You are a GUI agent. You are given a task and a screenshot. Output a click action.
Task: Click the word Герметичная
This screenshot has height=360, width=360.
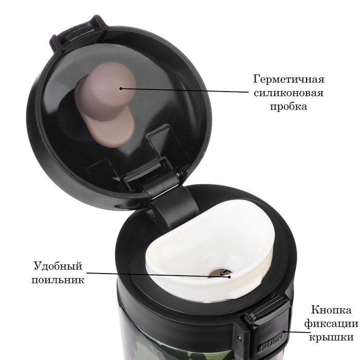coord(289,80)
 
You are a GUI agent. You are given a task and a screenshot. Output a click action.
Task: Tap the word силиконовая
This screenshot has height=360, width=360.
coord(289,94)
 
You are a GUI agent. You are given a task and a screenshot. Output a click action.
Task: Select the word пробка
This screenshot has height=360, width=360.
coord(289,107)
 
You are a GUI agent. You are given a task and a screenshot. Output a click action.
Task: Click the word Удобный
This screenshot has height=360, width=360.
coord(58,266)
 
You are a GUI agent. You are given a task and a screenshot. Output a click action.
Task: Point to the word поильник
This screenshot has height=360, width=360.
coord(58,280)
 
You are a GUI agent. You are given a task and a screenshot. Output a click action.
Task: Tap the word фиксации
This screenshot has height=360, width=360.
coord(331,324)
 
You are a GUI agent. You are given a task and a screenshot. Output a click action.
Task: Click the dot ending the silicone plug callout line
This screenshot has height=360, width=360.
coord(121,87)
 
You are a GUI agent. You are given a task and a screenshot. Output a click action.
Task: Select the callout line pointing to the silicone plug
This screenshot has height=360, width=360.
coord(185,90)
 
